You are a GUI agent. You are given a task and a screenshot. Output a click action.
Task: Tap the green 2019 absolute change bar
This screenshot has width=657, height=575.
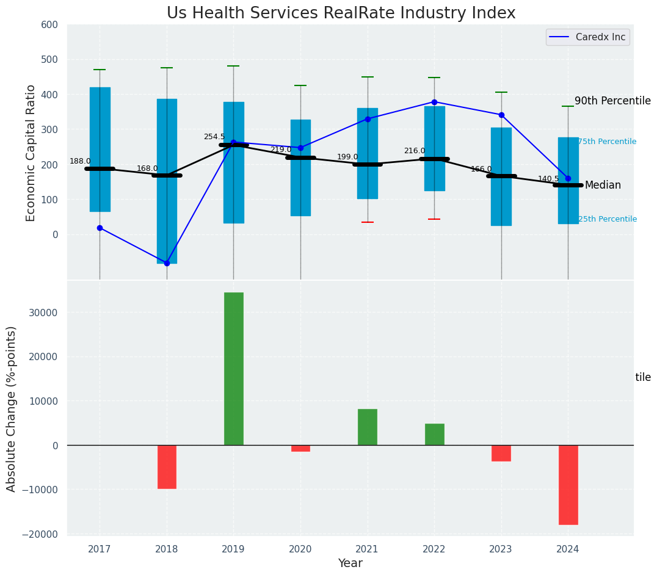[233, 369]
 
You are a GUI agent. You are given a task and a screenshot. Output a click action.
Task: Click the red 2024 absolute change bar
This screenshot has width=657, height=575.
[568, 485]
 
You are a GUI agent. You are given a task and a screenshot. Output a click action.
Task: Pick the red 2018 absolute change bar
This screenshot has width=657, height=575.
[167, 467]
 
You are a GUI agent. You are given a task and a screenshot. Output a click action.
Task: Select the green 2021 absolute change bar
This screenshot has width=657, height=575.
[367, 427]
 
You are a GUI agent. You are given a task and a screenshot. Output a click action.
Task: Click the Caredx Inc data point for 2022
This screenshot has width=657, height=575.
[434, 102]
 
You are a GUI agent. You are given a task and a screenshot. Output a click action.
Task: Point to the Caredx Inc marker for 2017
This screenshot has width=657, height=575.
[100, 228]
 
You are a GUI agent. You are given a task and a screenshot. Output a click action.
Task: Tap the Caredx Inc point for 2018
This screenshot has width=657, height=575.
[167, 263]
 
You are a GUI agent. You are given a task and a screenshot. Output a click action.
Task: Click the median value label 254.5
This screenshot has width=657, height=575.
[214, 137]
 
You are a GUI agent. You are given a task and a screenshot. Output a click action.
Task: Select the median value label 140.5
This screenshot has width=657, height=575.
[548, 179]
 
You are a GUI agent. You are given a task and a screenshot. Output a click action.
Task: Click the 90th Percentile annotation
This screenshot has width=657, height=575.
[612, 101]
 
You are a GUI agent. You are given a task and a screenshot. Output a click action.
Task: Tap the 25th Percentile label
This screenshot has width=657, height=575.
[607, 219]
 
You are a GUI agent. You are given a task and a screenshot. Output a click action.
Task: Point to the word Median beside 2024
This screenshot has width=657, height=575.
[602, 186]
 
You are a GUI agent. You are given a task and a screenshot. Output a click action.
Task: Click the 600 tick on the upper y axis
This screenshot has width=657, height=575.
[49, 25]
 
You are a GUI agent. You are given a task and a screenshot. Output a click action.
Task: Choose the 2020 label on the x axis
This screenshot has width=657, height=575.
[300, 549]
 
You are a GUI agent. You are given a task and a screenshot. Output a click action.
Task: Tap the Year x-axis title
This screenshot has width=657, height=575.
[350, 563]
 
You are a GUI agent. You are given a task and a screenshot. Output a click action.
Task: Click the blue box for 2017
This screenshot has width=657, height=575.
[100, 150]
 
